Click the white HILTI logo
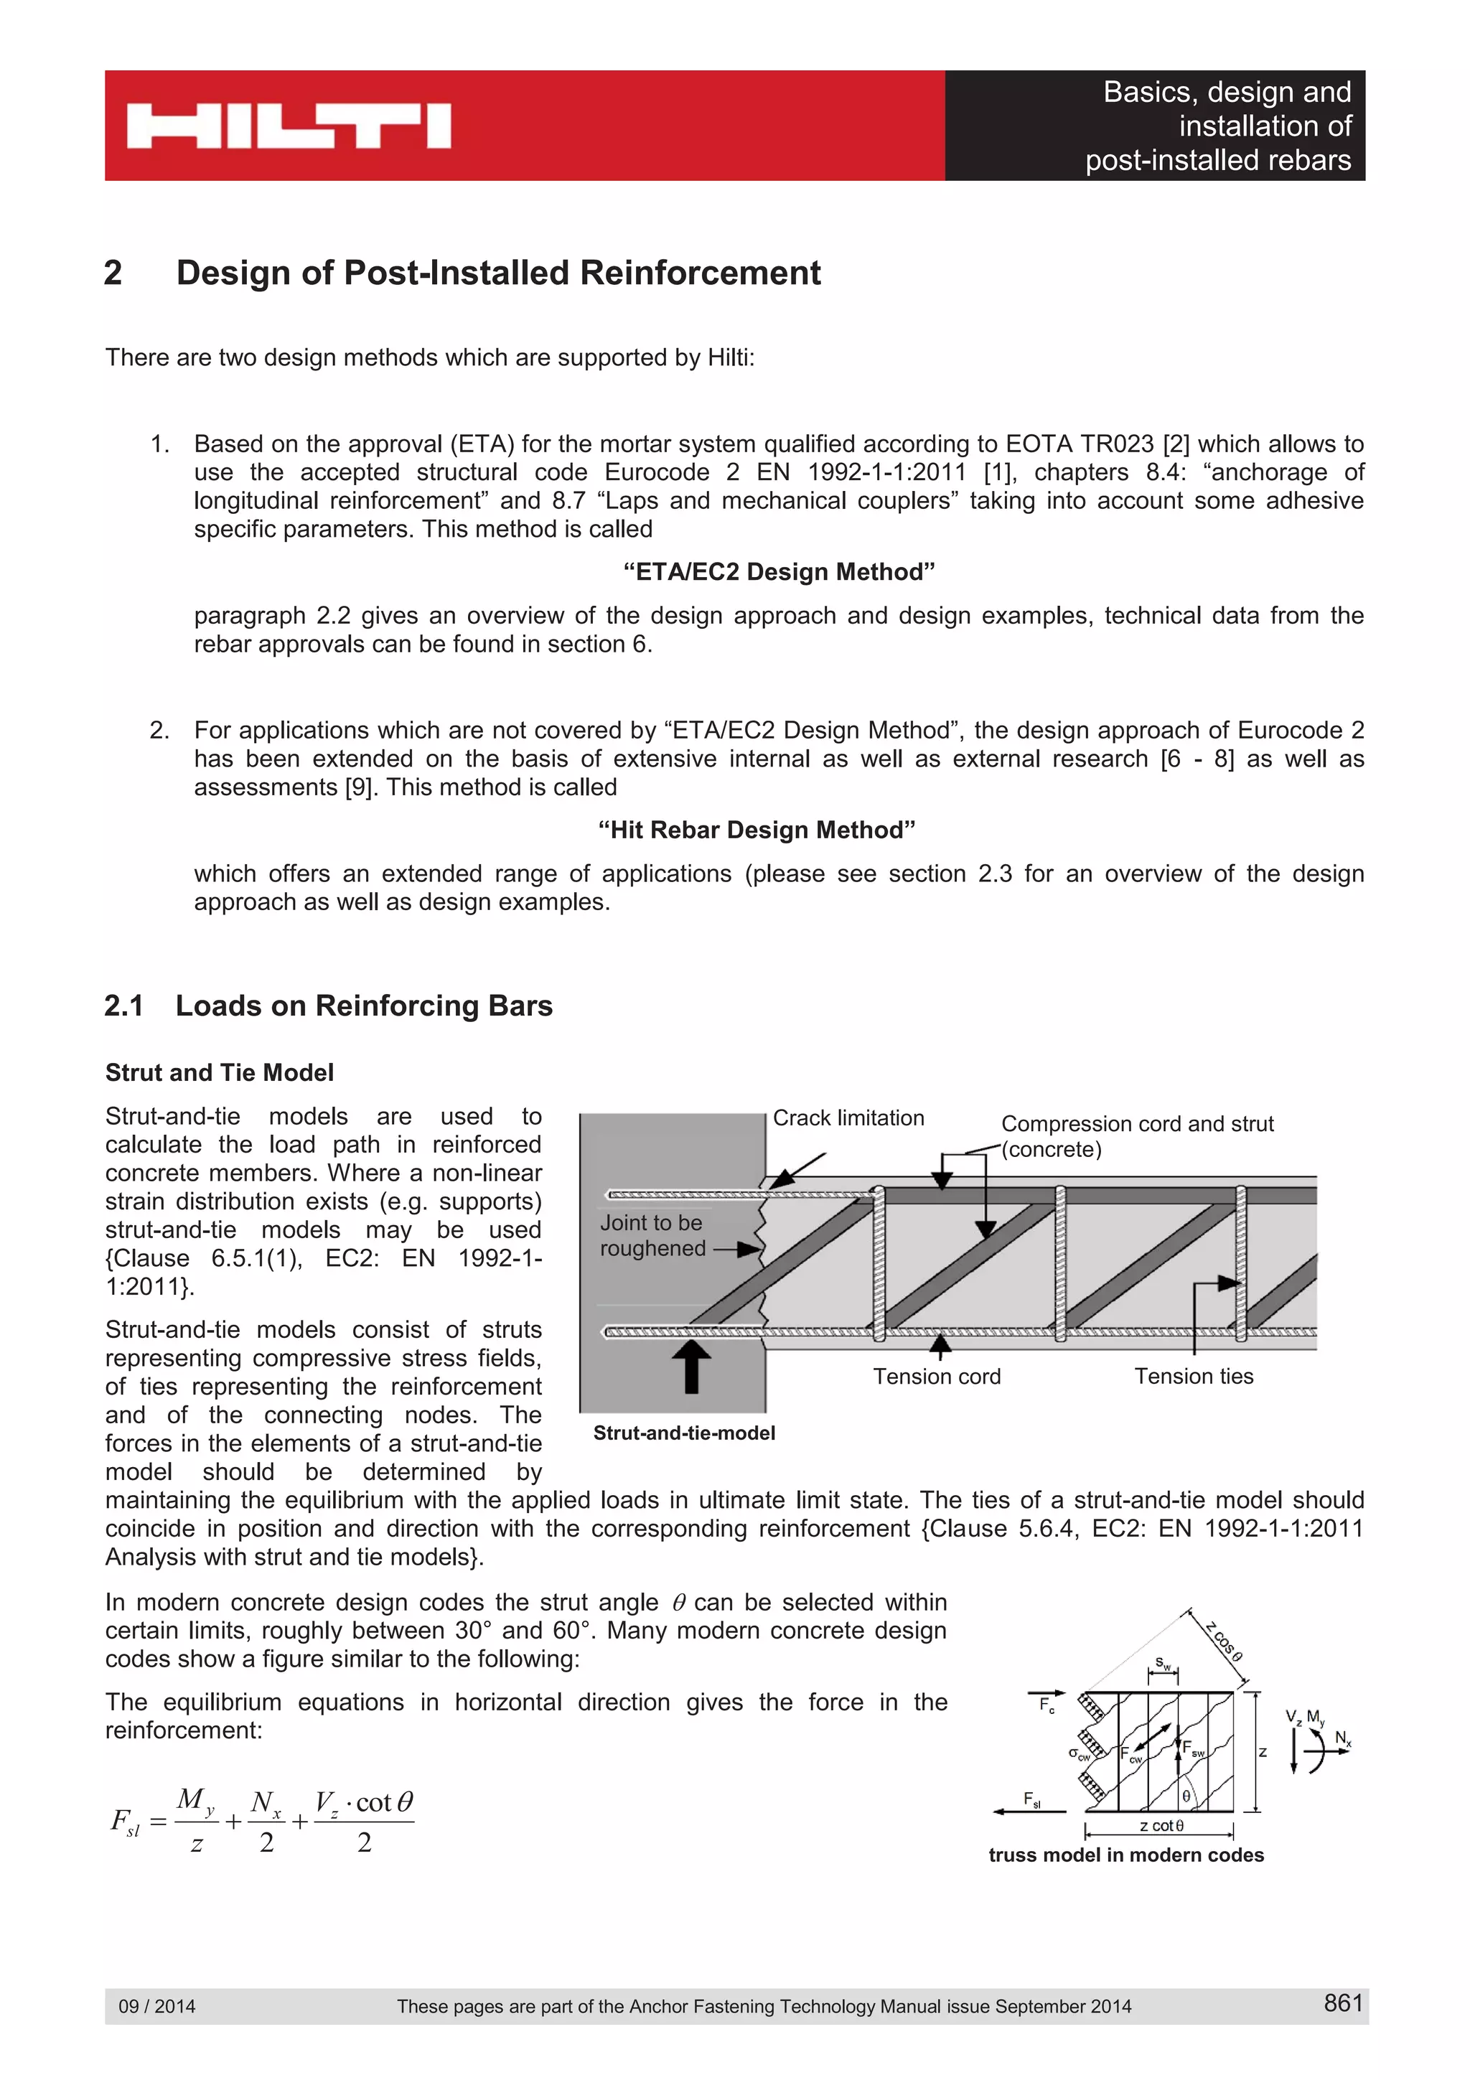point(288,126)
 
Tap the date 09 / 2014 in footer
point(156,2005)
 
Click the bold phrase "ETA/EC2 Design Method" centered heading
point(779,571)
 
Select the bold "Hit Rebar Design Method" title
point(757,830)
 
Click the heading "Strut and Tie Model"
point(219,1072)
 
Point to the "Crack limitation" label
point(848,1118)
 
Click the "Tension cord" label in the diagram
point(937,1376)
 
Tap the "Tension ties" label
point(1194,1376)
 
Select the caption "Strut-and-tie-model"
point(684,1433)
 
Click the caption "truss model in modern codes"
point(1125,1855)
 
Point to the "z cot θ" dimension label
point(1161,1825)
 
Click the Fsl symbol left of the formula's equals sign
point(125,1820)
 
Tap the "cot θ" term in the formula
point(384,1802)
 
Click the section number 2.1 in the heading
point(124,1006)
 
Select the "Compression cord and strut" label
point(1137,1124)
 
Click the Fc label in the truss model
point(1046,1705)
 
